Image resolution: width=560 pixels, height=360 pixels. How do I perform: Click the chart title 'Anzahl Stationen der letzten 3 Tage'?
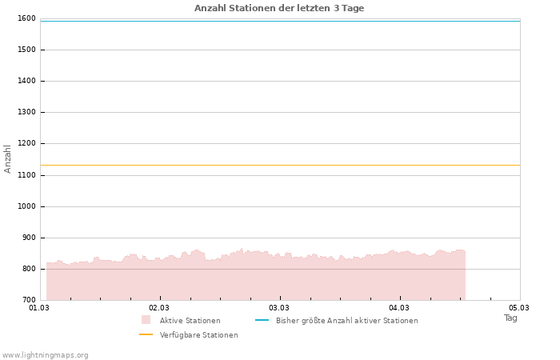(279, 8)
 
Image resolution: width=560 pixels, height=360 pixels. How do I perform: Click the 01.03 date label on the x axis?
(39, 307)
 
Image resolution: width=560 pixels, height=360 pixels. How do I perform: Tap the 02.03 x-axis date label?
(159, 307)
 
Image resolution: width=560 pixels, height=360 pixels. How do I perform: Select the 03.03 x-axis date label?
(279, 307)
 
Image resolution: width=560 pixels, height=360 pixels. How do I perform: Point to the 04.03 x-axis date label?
(399, 307)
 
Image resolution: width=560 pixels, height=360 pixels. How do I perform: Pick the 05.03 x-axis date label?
(519, 307)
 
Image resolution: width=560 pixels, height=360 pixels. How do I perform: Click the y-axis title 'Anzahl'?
(8, 158)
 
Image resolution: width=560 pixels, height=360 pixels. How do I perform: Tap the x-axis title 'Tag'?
(510, 318)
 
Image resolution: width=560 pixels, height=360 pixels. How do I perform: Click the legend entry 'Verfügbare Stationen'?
(198, 335)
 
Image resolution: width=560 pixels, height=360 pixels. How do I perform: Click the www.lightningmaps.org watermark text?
(46, 355)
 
